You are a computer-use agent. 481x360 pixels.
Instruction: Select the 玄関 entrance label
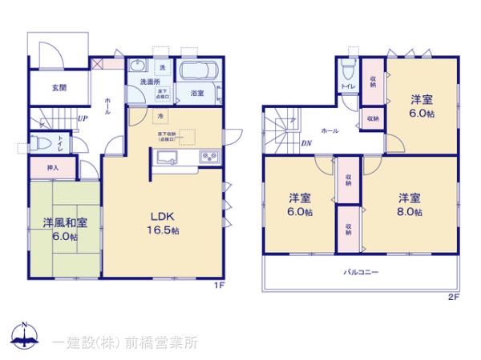click(49, 86)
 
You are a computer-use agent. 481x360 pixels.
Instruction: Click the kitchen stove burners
click(208, 156)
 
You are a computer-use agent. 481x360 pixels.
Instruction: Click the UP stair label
click(83, 120)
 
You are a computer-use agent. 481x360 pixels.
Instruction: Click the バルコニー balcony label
click(362, 272)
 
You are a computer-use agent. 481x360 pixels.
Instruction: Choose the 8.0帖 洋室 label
click(409, 204)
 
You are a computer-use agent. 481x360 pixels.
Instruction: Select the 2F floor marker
click(453, 297)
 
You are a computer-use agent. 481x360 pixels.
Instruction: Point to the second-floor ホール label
click(329, 129)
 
